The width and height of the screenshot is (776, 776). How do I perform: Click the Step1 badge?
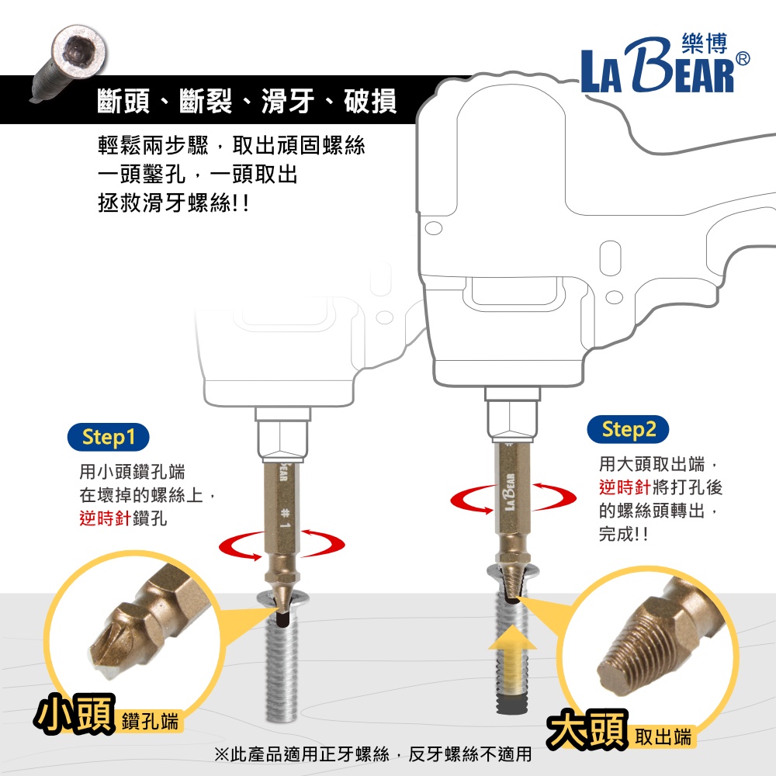point(108,437)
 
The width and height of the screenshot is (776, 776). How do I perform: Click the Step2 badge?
point(628,429)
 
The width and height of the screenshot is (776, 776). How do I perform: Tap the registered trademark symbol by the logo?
point(743,59)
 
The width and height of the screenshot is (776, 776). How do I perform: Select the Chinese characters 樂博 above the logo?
point(705,43)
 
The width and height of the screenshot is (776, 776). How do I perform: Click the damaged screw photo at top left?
point(69,62)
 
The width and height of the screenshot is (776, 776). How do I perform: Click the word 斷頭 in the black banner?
point(123,101)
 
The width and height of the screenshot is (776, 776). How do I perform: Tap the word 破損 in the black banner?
point(370,101)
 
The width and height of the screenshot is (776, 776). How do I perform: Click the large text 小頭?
point(75,713)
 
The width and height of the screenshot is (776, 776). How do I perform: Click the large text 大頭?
point(587,729)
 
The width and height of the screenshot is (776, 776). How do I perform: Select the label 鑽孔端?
point(150,721)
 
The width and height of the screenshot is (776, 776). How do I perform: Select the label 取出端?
point(663,737)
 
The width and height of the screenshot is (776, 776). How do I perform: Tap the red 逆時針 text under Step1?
point(106,518)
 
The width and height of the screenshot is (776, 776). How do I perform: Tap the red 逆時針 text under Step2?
point(625,487)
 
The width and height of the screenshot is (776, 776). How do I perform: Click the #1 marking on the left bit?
point(285,518)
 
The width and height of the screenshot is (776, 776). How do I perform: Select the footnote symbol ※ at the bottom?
point(222,754)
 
